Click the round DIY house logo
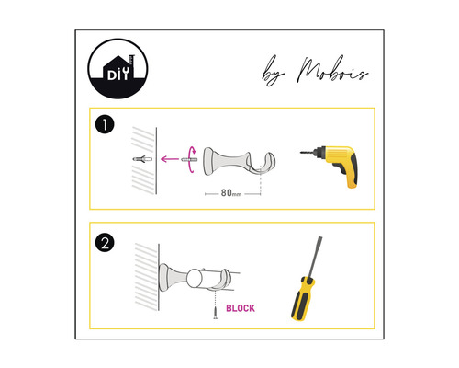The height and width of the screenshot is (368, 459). [118, 69]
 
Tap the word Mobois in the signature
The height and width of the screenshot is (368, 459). [333, 71]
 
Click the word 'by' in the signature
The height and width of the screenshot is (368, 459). [273, 72]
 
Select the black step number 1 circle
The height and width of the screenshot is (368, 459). [105, 124]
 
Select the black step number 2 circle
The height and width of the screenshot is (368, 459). [105, 243]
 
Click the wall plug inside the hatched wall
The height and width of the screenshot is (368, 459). [142, 159]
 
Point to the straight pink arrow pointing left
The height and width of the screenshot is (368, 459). [170, 159]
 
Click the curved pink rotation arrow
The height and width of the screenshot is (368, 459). [192, 160]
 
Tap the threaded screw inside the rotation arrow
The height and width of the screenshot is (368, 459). [189, 160]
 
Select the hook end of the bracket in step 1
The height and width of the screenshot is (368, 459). [267, 164]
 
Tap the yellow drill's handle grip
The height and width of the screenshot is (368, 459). [350, 172]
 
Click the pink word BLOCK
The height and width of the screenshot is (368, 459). [241, 308]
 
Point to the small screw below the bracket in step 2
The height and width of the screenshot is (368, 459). [216, 313]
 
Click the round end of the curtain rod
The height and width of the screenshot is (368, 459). [194, 278]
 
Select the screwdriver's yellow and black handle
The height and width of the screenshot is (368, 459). [303, 298]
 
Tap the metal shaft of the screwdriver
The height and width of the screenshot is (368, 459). [315, 257]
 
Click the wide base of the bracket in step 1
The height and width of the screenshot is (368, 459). [209, 161]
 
